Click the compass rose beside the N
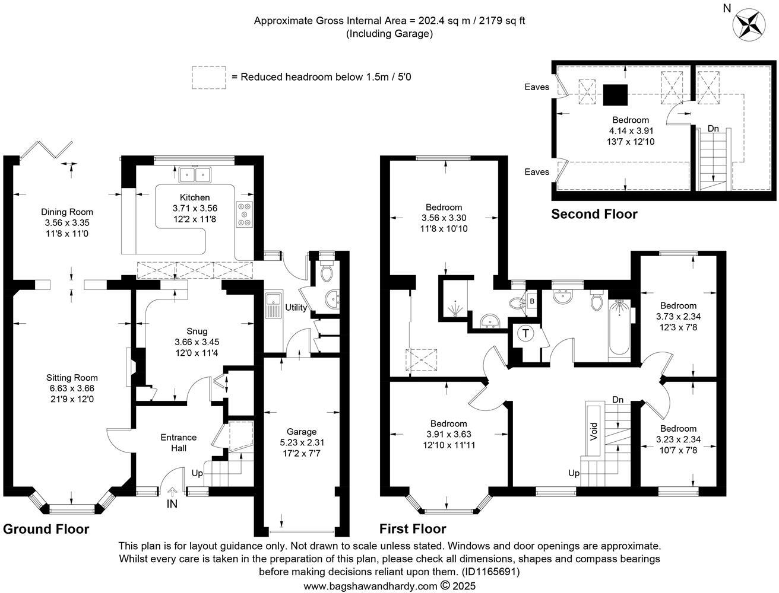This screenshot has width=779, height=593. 749,24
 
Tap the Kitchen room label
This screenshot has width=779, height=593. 195,197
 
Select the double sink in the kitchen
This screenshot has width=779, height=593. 195,174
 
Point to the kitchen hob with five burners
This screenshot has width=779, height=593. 244,215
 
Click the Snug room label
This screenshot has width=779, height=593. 197,331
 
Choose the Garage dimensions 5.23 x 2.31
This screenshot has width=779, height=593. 302,442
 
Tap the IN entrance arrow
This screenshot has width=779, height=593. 172,492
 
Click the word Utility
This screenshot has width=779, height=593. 296,307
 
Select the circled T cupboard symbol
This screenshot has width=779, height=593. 525,333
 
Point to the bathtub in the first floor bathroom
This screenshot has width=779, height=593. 619,328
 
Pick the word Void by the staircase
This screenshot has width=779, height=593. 593,432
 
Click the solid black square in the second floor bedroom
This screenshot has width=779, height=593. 615,95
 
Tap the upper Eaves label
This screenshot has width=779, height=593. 537,87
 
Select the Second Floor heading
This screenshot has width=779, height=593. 594,214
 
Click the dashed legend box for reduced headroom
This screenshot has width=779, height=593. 208,78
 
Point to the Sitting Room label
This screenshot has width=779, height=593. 72,378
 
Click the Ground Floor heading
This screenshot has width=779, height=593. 46,529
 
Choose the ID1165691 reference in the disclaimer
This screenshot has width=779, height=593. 491,572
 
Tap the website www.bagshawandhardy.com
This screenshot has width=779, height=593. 370,586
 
